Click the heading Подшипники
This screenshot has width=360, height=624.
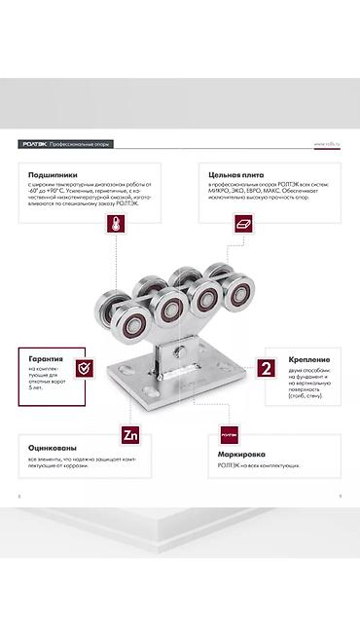(48, 175)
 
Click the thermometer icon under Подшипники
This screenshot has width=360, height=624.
(118, 224)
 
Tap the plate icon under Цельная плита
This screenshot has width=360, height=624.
(243, 224)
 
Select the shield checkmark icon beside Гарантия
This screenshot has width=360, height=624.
(86, 368)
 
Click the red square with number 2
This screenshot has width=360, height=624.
(266, 368)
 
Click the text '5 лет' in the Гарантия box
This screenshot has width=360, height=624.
(37, 387)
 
